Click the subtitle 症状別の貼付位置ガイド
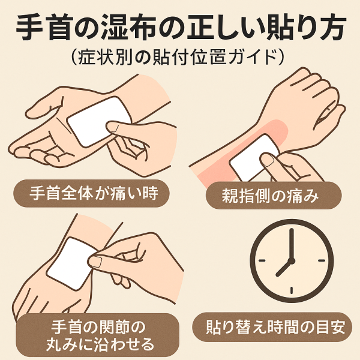coord(178,58)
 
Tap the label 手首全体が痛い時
coord(94,193)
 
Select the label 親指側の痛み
coord(270,196)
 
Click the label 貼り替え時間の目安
coord(275,327)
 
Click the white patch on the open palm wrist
coord(99,122)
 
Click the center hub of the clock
coord(292,260)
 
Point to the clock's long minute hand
coord(292,244)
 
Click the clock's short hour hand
coord(284,268)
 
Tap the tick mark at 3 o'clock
coord(322,260)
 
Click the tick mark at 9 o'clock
coord(262,260)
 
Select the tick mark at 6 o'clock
coord(292,290)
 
